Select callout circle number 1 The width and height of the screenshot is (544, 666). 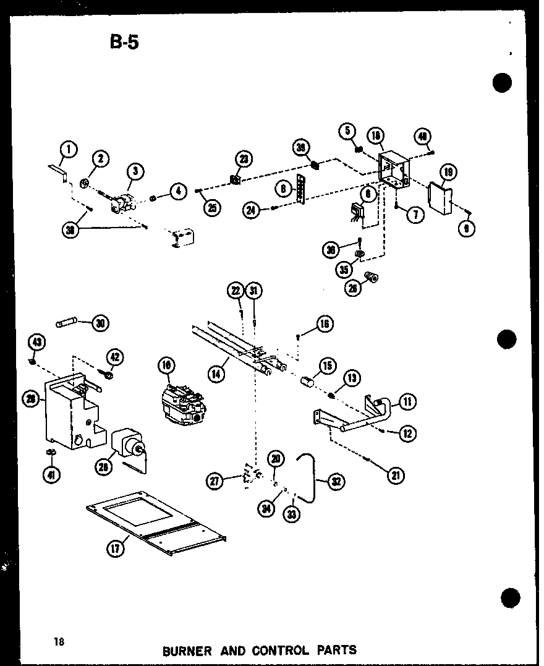[x=69, y=149]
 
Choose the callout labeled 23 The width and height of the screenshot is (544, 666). [x=244, y=159]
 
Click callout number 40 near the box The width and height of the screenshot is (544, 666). [x=423, y=136]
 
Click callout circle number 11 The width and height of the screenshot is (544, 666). [x=407, y=402]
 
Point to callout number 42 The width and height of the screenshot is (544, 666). [x=115, y=357]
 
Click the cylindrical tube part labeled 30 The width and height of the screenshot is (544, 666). [x=66, y=322]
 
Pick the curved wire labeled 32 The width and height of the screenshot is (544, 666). [x=311, y=471]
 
